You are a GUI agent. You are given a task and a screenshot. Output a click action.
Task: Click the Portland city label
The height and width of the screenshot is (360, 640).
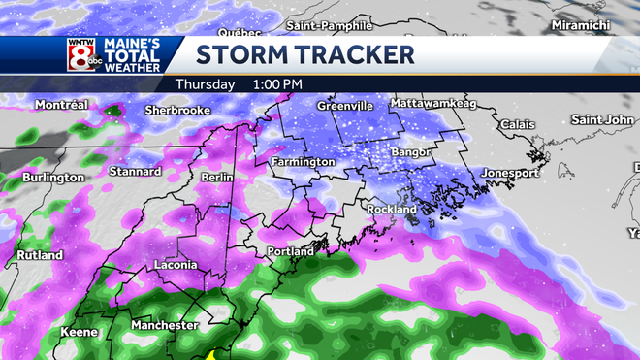pos(290,252)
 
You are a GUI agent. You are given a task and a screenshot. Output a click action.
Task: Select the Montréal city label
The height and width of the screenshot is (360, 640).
pos(62,104)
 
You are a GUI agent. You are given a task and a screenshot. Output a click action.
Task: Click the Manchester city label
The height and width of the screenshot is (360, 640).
pos(164,325)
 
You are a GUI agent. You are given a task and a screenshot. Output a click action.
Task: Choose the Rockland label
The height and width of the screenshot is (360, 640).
pos(391,209)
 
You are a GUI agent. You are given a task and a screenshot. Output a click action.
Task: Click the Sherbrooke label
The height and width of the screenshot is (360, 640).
pos(178,110)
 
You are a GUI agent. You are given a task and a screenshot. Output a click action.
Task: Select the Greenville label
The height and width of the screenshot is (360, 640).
pos(346,105)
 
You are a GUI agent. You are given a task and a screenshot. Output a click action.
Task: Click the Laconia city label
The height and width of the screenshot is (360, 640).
pos(176,265)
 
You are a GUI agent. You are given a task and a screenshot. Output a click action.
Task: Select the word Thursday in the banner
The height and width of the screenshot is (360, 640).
pos(205,84)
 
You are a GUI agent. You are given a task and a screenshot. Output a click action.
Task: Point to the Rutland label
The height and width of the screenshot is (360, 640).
pos(39,255)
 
